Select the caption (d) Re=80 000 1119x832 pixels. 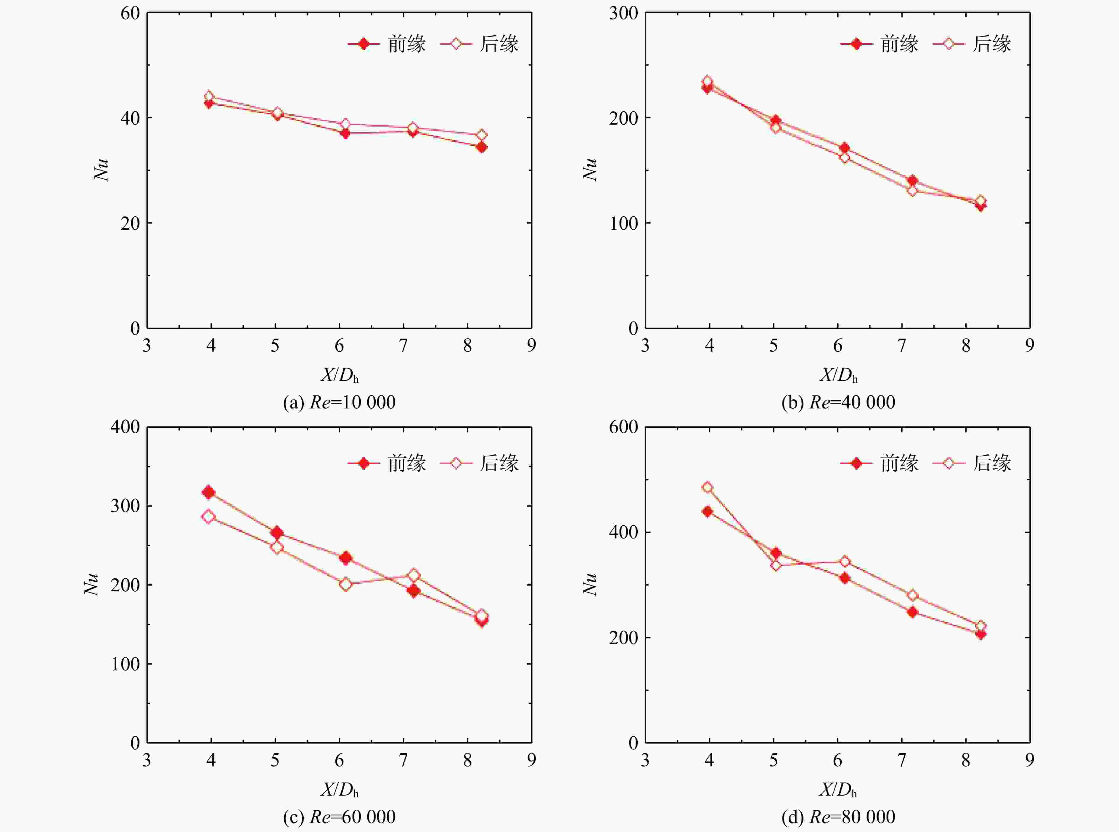[838, 817]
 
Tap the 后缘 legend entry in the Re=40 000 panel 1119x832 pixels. [972, 44]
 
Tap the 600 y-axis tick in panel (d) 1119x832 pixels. [623, 427]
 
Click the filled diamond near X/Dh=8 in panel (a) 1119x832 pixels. [481, 147]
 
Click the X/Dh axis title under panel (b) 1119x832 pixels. [838, 375]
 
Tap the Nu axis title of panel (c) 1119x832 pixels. [91, 585]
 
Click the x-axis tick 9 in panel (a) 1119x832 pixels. [532, 345]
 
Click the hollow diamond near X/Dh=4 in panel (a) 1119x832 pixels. [208, 96]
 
